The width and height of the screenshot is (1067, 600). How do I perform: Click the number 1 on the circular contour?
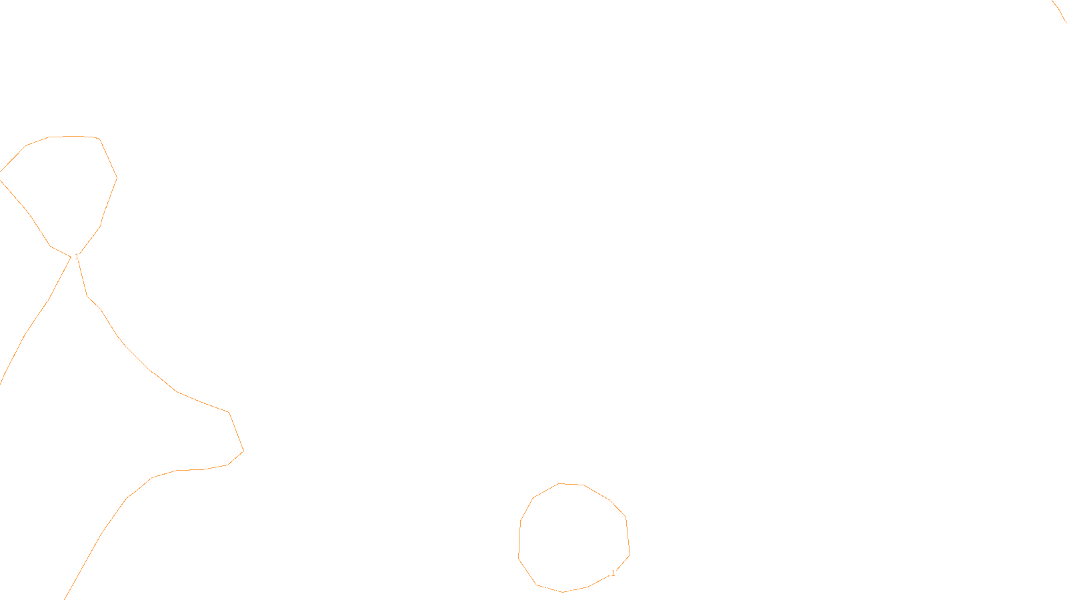(613, 573)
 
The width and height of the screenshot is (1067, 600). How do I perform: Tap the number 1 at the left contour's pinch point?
(77, 256)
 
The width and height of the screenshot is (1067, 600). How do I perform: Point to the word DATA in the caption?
(564, 589)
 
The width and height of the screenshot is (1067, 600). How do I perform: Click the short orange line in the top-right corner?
(1060, 11)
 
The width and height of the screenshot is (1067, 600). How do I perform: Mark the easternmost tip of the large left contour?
(243, 451)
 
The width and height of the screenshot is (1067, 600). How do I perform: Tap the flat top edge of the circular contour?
(572, 485)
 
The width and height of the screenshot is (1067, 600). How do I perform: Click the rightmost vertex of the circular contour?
(630, 553)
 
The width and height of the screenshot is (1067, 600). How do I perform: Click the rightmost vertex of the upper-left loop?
(117, 177)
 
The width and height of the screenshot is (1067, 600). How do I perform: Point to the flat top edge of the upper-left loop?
(73, 136)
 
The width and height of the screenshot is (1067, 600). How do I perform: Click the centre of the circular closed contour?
(574, 537)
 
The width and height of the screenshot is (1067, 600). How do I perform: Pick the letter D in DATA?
(556, 589)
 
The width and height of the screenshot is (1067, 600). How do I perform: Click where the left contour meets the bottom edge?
(65, 598)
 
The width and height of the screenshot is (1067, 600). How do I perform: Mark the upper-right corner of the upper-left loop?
(99, 139)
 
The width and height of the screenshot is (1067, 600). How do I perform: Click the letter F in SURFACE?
(533, 589)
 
